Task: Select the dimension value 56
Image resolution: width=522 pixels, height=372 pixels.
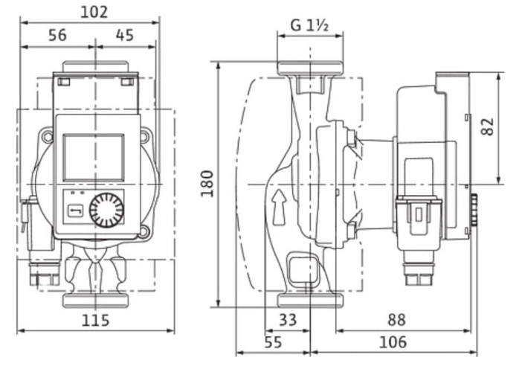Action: point(57,35)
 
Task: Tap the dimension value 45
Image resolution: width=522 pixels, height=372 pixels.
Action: point(125,35)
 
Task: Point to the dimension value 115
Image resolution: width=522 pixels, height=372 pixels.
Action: point(94,321)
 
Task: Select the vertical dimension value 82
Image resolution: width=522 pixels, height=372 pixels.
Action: point(488,126)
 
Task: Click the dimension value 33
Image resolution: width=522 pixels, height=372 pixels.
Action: point(288,320)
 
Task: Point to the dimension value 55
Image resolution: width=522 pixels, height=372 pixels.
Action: point(273,342)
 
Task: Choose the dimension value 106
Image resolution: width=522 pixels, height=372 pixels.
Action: point(393,342)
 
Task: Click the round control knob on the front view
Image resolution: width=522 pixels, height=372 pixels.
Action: point(106,211)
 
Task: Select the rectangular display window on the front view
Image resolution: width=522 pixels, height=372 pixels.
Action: point(93,157)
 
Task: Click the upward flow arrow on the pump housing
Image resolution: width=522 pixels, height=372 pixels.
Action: point(280,207)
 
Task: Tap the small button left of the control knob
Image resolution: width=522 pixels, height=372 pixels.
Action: point(75,212)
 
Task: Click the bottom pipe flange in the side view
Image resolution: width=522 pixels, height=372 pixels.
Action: point(310,300)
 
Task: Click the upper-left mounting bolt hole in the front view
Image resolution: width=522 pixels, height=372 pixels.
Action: point(48,137)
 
